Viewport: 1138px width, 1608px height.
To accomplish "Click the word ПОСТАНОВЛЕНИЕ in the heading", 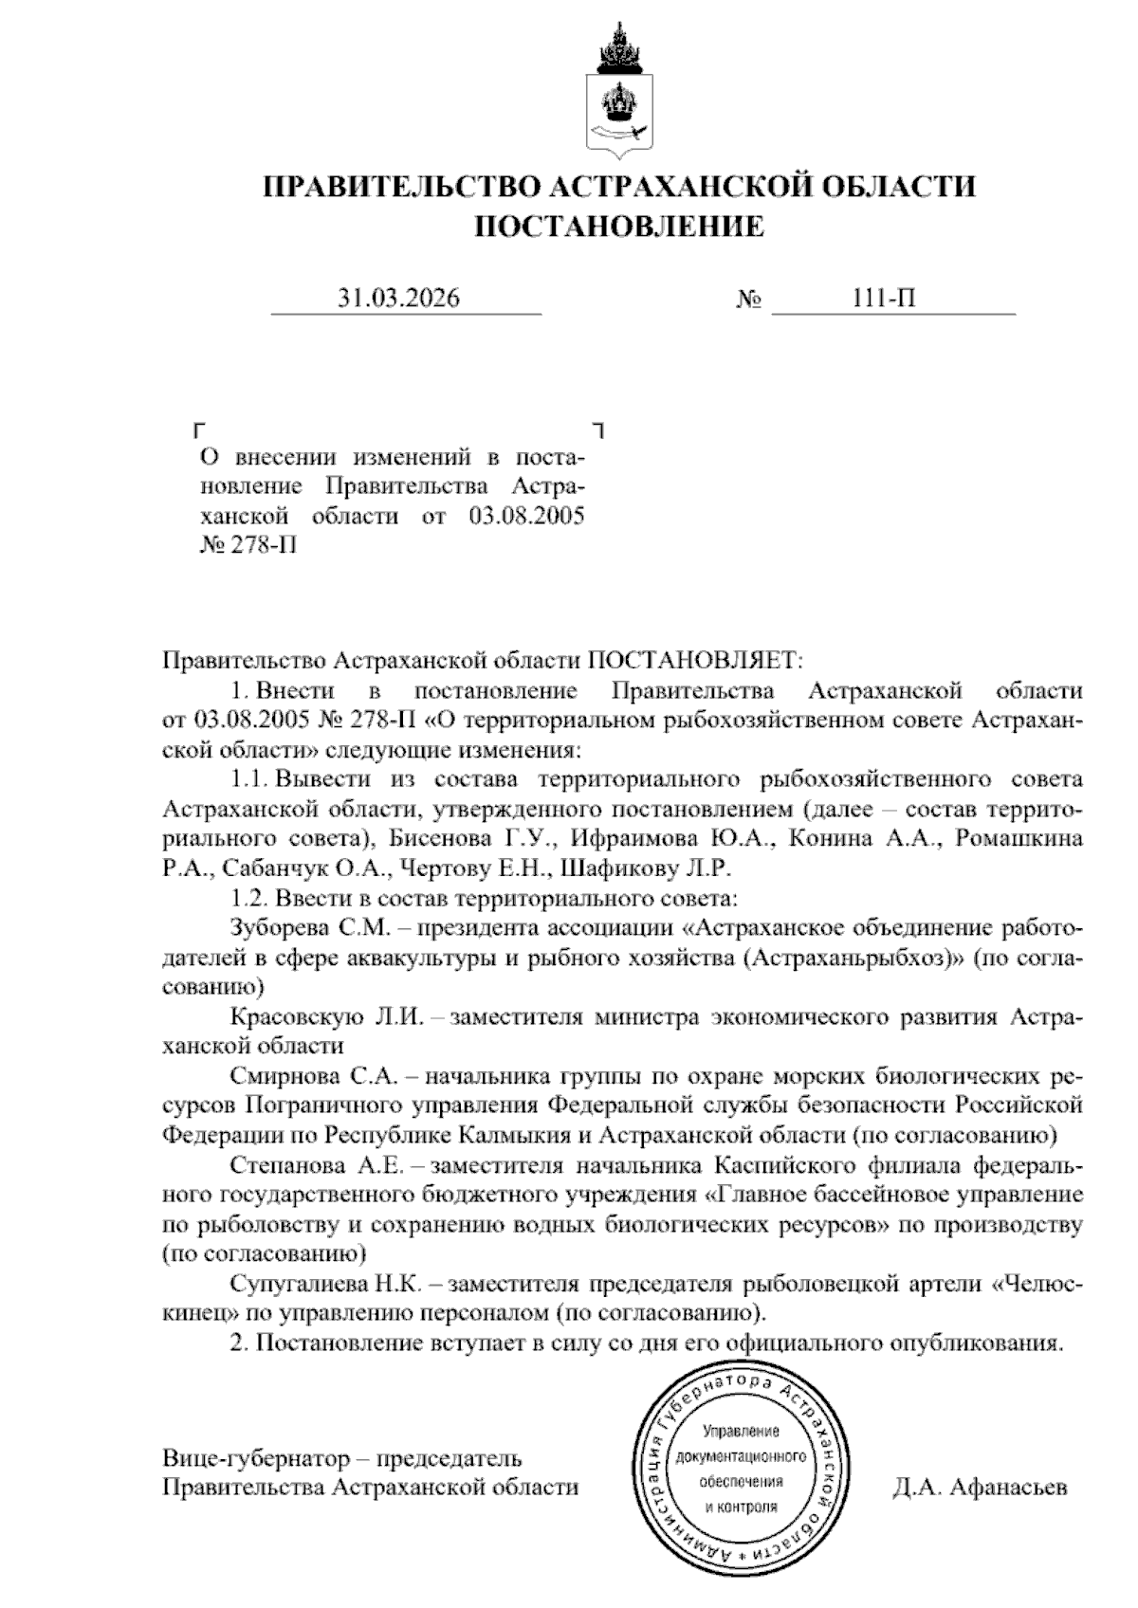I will (x=618, y=227).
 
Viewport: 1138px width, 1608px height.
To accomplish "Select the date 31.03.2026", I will (x=399, y=299).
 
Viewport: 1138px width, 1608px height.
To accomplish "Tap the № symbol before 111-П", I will (x=749, y=301).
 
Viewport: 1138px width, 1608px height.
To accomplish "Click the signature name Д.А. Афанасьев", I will (x=979, y=1487).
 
